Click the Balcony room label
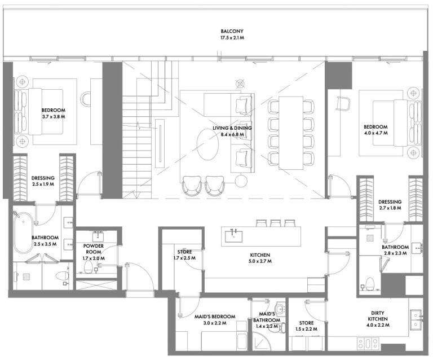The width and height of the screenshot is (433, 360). [x=232, y=31]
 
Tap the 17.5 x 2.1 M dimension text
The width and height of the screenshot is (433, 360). [x=232, y=38]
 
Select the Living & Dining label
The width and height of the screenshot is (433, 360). [x=232, y=128]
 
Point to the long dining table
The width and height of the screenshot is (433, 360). [x=291, y=133]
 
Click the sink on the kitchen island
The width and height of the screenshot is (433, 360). [x=234, y=236]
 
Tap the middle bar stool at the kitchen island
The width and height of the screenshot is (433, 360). [x=276, y=223]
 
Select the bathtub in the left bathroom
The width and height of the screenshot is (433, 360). [x=23, y=232]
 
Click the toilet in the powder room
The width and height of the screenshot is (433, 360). [x=88, y=267]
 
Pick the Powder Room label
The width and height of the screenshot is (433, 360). [x=94, y=249]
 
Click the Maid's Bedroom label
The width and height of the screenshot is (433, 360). [x=215, y=317]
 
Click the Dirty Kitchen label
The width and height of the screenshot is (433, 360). [x=378, y=316]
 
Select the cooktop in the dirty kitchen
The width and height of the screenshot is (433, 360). [x=368, y=344]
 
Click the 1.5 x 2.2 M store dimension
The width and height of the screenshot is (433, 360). [x=306, y=329]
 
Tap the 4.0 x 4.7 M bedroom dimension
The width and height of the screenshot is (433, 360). [x=375, y=133]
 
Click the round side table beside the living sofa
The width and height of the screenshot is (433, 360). [x=241, y=182]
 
